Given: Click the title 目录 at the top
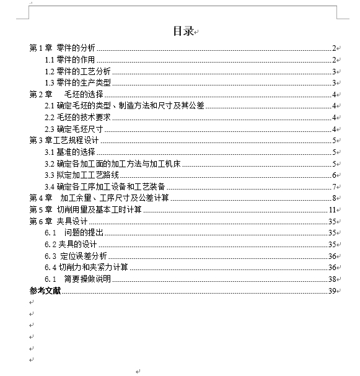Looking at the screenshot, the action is [x=183, y=32].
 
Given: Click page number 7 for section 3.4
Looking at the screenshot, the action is [x=333, y=186].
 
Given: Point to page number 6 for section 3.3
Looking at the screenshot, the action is [x=333, y=175].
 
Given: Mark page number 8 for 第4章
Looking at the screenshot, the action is [x=333, y=198].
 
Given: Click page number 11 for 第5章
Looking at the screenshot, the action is [x=332, y=209].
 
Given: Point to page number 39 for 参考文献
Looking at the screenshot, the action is [x=331, y=291].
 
